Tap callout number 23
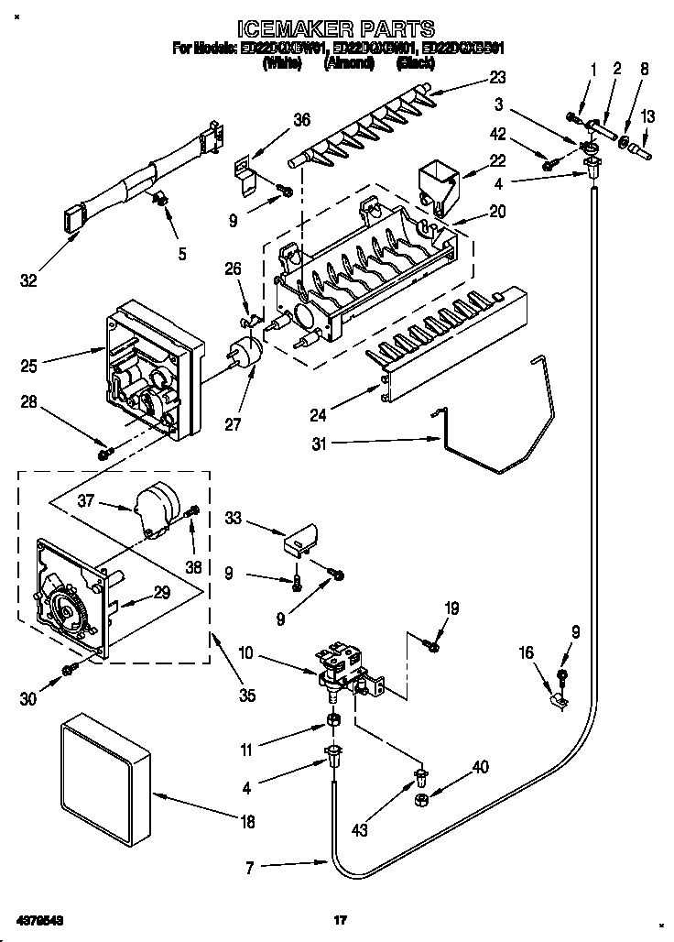[496, 77]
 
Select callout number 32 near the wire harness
[28, 280]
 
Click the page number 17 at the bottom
[339, 919]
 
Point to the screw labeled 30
[69, 672]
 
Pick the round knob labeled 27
[245, 354]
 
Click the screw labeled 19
[433, 647]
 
